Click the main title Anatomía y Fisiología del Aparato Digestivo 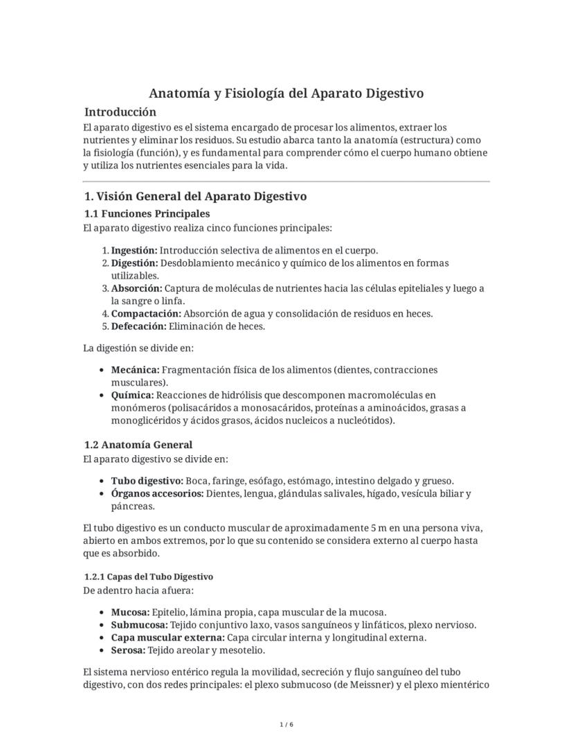point(286,93)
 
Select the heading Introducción point(120,112)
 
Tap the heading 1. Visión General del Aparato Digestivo point(195,197)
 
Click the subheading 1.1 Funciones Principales point(147,213)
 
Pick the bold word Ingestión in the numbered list point(134,251)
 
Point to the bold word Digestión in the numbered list point(134,263)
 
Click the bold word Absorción point(136,288)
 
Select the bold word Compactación point(146,314)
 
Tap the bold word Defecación point(138,326)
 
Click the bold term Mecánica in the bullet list point(135,370)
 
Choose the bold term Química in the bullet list point(132,395)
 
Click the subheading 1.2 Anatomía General point(138,445)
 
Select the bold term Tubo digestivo point(147,481)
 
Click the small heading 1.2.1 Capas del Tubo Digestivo point(148,576)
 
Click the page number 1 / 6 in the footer point(286,725)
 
